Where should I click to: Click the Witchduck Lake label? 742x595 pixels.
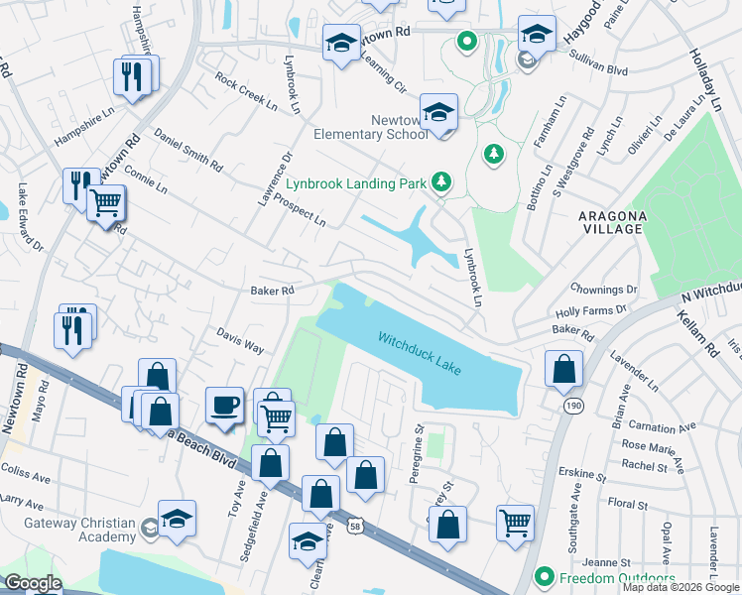tap(420, 353)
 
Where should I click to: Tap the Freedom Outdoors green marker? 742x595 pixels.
tap(544, 576)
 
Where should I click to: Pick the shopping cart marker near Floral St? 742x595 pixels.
tap(515, 522)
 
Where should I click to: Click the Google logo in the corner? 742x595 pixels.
tap(32, 583)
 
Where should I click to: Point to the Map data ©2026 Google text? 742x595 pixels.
tap(680, 587)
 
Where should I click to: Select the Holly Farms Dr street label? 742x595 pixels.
tap(593, 310)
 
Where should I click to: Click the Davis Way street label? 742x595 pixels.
tap(241, 343)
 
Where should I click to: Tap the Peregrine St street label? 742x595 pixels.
tap(417, 454)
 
